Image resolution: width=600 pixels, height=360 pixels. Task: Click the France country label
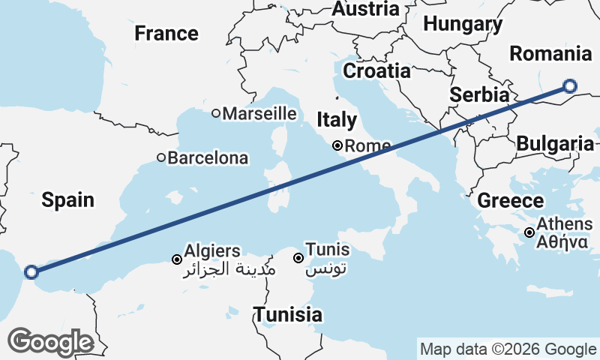166,34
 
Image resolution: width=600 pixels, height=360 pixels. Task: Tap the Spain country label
67,199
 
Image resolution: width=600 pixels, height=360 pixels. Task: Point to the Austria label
365,10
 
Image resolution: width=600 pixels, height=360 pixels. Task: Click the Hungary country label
463,24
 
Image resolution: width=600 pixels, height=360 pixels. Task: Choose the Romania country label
550,54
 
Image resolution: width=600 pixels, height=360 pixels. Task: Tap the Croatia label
377,71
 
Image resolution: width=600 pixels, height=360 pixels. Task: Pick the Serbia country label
479,96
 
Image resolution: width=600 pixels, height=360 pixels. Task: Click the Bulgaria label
556,143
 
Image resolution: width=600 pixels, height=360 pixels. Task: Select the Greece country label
510,200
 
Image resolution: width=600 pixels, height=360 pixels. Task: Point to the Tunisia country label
288,315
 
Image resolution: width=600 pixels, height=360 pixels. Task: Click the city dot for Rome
338,145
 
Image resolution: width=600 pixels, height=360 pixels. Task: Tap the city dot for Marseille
216,114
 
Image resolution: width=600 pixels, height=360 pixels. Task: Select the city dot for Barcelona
161,158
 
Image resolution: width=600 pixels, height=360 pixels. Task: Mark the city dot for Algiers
177,259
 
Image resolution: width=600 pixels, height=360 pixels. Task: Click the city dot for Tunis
298,258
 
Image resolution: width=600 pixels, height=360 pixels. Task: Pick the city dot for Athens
529,232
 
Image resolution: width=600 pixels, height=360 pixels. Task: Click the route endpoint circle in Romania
569,86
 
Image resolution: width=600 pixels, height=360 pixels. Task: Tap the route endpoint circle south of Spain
31,272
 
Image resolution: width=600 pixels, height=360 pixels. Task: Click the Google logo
50,342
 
